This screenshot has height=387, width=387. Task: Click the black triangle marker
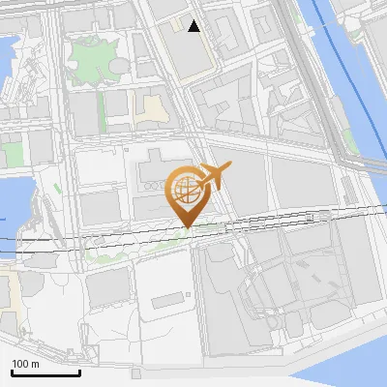194,26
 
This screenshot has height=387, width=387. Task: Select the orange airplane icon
214,177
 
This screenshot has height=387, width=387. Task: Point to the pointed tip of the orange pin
186,227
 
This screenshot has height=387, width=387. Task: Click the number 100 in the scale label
19,364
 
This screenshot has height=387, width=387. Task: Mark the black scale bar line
45,372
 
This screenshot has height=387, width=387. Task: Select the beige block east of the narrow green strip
150,109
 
